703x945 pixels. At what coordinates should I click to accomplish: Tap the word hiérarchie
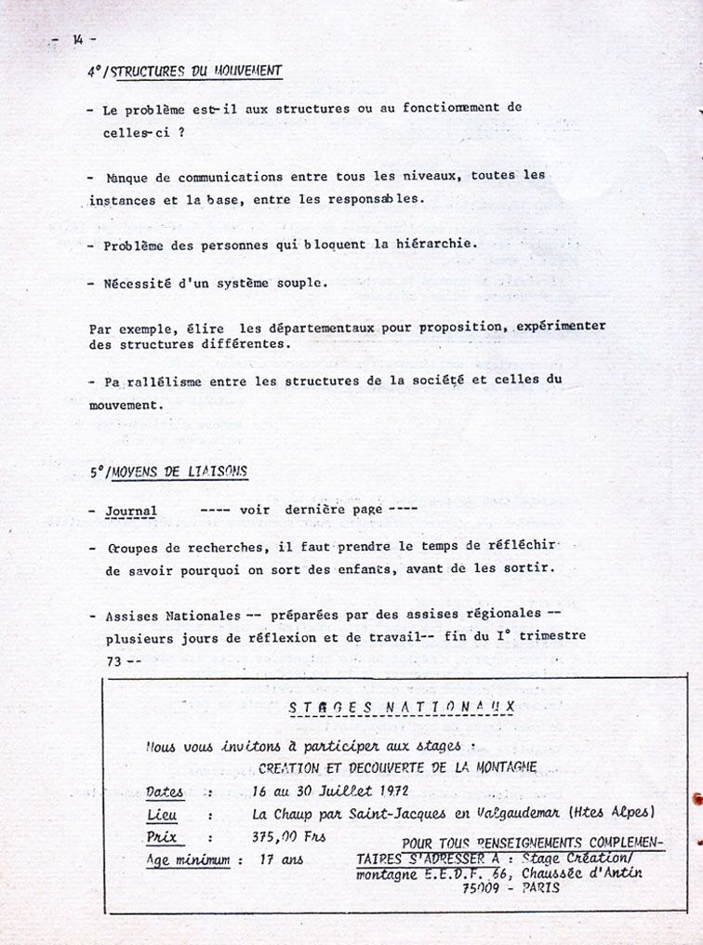432,245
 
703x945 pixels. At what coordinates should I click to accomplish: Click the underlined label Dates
165,792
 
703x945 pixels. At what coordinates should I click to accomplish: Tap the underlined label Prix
161,836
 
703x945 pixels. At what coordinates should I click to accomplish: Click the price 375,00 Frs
287,836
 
